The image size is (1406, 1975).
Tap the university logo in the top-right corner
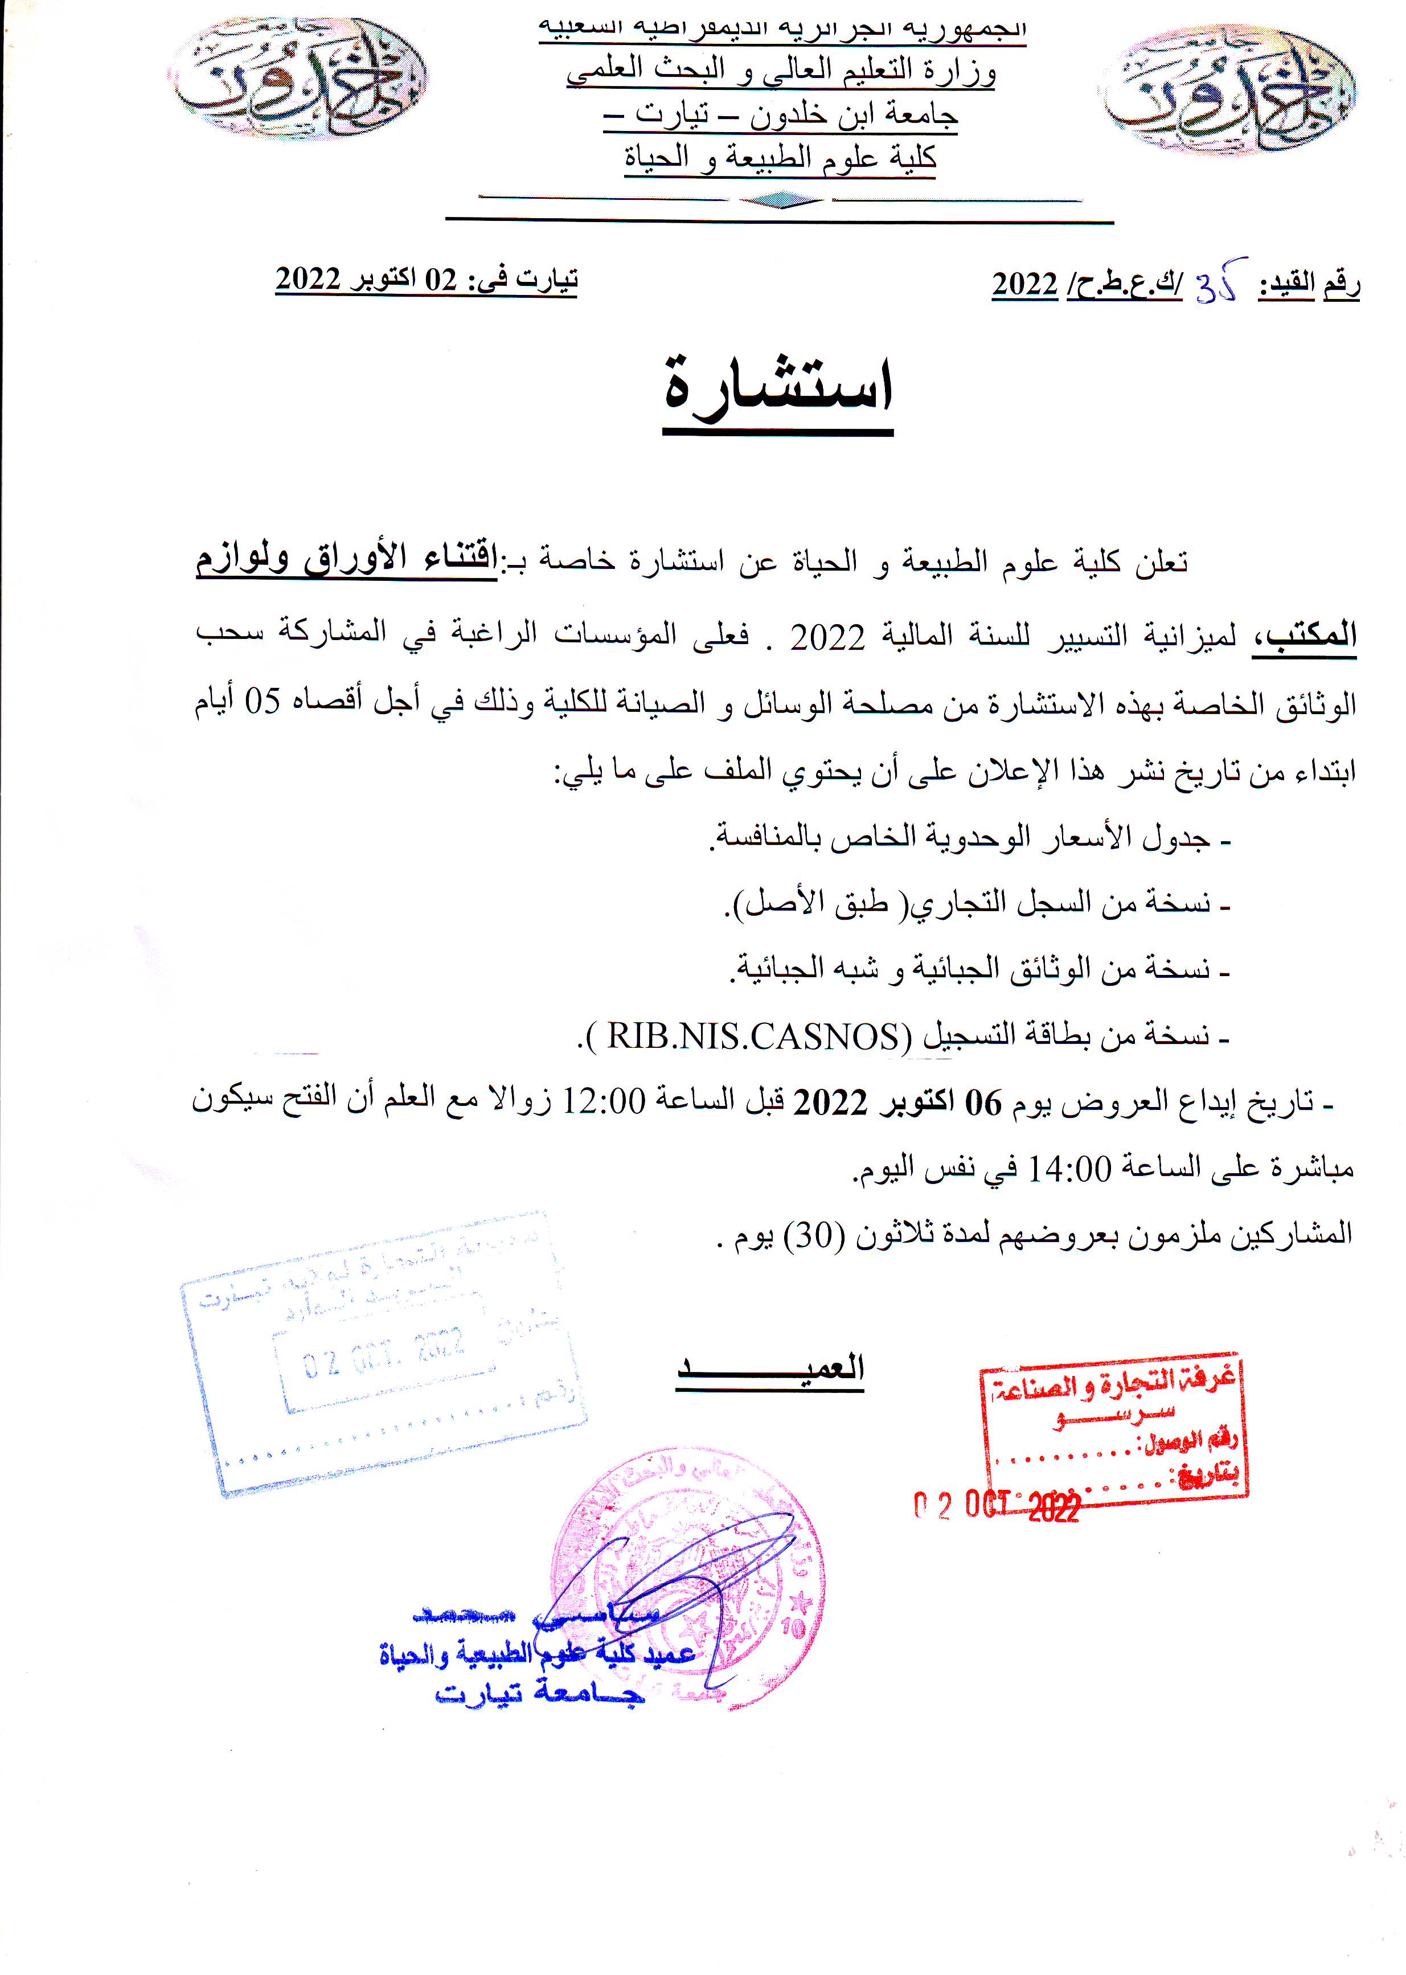coord(1228,90)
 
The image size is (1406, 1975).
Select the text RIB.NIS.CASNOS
coord(753,1036)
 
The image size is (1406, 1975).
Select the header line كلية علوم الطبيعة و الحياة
coord(780,158)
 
